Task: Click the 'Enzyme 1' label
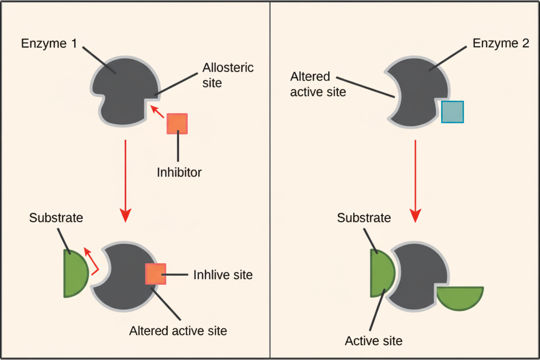pos(49,44)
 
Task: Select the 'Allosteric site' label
pos(228,75)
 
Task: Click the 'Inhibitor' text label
pos(179,173)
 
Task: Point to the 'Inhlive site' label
pos(223,275)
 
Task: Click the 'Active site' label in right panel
pos(373,341)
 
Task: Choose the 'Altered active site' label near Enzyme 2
pos(318,84)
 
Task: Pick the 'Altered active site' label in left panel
pos(178,331)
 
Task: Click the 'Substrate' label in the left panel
pos(56,218)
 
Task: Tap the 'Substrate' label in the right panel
pos(364,218)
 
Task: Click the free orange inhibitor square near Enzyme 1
pos(177,124)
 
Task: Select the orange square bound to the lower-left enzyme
pos(156,274)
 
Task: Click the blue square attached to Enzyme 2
pos(453,112)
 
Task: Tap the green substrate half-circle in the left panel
pos(75,273)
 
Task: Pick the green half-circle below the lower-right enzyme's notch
pos(460,297)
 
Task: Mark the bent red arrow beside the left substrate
pos(92,262)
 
